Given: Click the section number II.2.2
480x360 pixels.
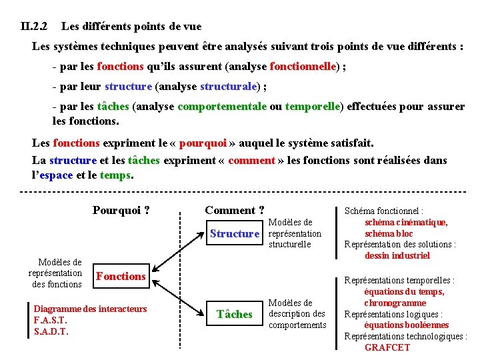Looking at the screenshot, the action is [34, 27].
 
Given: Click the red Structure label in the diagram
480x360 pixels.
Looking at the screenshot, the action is [234, 233].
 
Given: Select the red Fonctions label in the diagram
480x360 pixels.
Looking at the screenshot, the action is [121, 276].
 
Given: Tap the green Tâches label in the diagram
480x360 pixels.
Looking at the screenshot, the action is [235, 314].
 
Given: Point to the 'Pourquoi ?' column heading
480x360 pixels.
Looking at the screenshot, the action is [121, 211].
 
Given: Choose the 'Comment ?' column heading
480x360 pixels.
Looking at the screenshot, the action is [235, 210].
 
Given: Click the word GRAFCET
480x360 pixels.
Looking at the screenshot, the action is [387, 347].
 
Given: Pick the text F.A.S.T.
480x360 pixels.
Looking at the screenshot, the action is [51, 320].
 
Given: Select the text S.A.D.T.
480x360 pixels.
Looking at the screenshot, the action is [51, 331].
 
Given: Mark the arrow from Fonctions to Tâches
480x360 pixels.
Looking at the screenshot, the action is [177, 296].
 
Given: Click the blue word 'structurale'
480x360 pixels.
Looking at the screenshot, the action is [227, 86].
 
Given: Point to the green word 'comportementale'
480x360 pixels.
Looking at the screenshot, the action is [223, 107].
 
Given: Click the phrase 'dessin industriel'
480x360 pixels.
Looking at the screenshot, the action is [397, 255].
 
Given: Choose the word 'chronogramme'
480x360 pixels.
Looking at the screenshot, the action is [395, 303].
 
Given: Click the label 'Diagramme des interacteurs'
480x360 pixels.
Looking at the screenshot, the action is [90, 309].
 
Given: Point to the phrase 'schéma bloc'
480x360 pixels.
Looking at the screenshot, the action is [389, 233].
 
